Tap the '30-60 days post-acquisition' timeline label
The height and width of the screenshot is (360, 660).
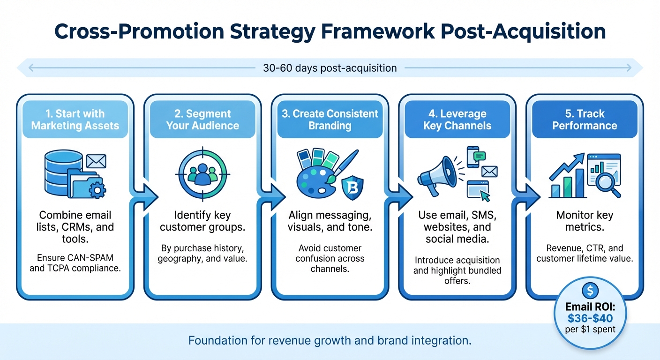[330, 68]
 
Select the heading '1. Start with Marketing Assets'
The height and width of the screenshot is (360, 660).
[75, 120]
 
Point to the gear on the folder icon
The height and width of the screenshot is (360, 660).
[97, 190]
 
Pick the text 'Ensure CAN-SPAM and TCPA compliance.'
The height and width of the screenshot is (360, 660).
[75, 263]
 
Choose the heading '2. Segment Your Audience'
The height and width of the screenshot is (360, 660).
[202, 120]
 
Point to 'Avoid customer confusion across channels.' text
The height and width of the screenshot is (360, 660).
[330, 259]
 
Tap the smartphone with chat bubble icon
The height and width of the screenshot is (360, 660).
[475, 157]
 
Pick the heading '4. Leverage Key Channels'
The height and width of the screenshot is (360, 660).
[457, 120]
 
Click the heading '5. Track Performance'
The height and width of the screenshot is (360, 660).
[585, 120]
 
